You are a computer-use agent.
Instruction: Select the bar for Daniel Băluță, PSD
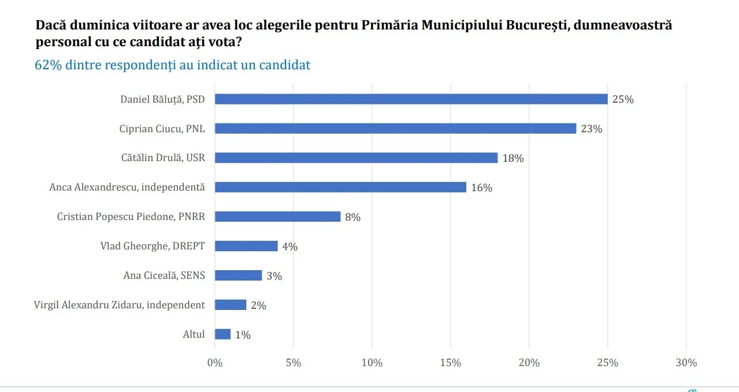411,99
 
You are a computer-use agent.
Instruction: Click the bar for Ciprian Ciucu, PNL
395,128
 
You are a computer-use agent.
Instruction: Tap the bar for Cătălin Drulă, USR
356,158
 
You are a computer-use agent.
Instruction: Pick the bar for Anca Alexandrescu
340,187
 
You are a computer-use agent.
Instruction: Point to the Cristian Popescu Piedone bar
277,216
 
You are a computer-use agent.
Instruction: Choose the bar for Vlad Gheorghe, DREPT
246,246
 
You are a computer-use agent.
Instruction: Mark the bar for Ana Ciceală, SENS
238,275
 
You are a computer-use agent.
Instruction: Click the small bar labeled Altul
222,334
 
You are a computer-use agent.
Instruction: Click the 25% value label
623,99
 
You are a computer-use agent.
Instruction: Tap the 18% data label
513,158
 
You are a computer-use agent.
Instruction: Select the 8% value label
352,217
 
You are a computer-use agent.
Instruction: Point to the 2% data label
258,305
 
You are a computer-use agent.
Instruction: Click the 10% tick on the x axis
372,363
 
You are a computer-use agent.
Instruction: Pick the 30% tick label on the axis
686,363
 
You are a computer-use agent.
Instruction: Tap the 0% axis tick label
215,363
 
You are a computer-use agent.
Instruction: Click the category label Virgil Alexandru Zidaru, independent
120,305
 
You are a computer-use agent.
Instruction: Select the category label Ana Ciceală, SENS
164,275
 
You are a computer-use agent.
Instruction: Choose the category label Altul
194,334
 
